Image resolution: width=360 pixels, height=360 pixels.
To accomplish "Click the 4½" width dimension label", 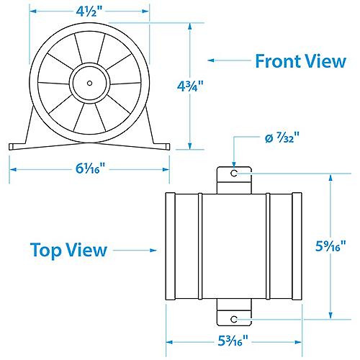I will [89, 12].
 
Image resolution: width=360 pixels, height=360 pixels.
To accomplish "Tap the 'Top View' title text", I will [69, 250].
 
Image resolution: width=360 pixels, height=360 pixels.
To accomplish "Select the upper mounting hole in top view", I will [235, 174].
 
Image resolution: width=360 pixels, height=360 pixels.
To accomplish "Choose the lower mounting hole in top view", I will [235, 318].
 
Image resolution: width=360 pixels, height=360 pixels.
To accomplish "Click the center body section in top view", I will [235, 246].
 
